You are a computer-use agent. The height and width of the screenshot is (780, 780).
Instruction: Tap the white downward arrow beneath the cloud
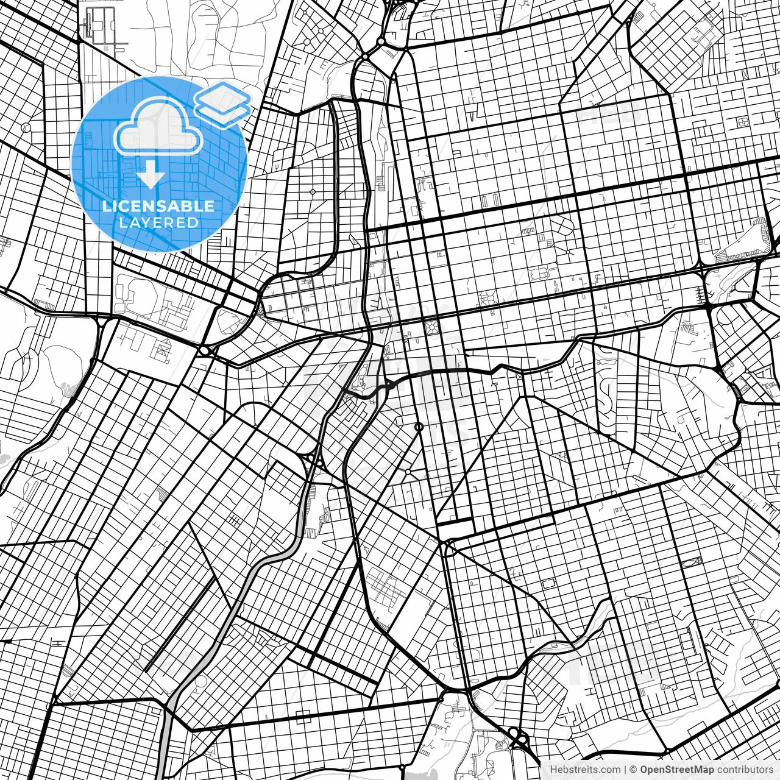151,176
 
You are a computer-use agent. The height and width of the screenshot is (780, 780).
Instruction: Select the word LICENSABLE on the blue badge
158,206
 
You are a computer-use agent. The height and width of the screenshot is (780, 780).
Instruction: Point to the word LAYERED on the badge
158,223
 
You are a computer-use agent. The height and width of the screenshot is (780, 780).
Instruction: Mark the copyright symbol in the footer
633,770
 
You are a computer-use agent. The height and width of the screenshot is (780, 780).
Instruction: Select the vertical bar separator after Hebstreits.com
625,770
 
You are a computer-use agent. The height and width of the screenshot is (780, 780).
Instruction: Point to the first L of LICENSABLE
105,206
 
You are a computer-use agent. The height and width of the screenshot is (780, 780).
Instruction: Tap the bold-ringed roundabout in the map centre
419,427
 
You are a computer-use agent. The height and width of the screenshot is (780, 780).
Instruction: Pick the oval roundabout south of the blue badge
204,351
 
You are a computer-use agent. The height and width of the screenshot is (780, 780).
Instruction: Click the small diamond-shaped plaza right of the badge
313,191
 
